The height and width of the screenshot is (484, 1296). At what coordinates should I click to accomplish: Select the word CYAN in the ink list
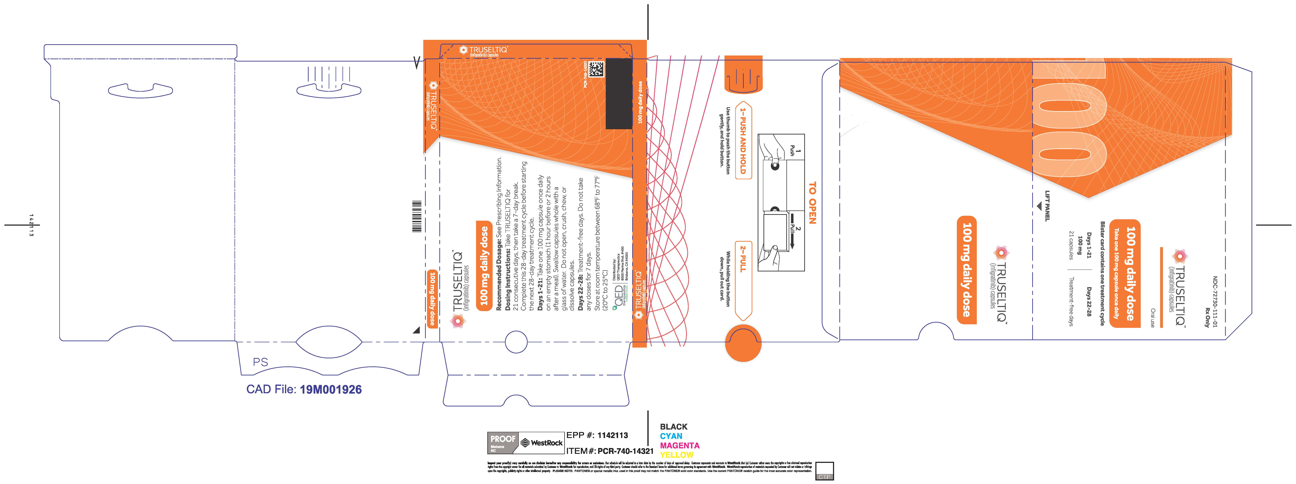click(671, 436)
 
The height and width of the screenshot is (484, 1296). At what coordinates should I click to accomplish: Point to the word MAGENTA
click(680, 445)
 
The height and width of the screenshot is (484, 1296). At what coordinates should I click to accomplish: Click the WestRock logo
click(541, 443)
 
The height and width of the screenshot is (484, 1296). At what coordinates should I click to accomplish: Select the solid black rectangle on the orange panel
click(619, 94)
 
